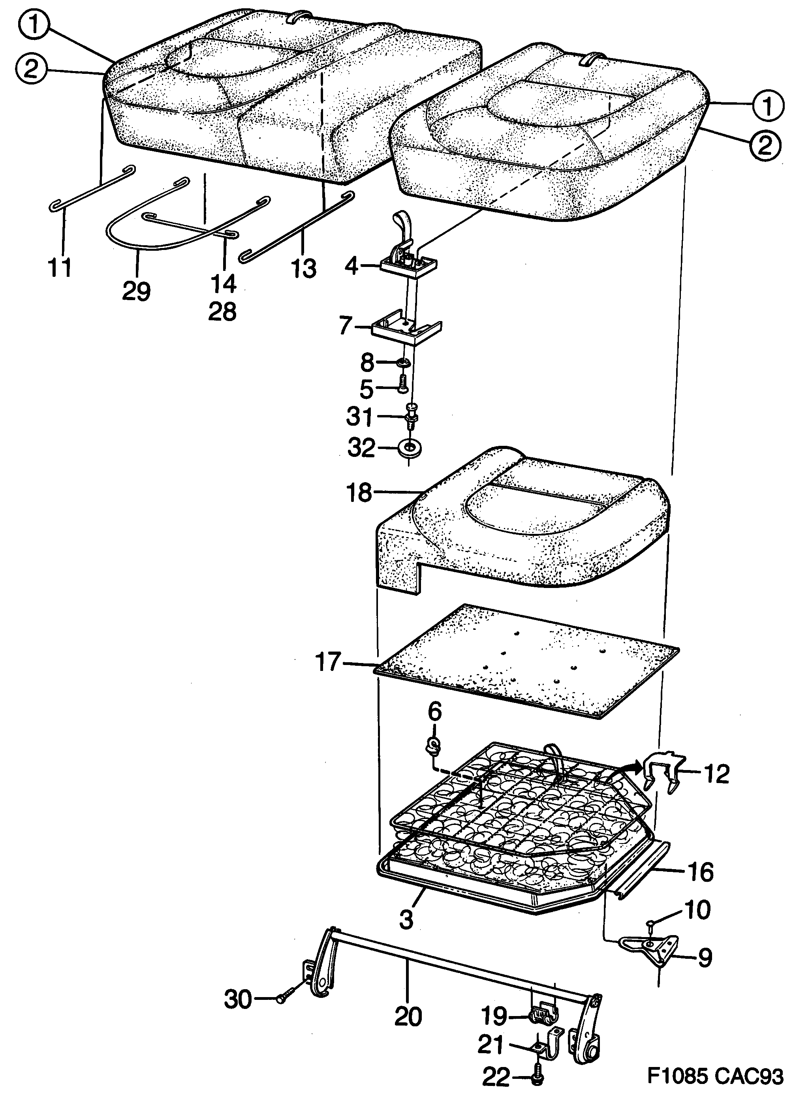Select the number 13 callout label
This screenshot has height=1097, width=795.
tap(303, 269)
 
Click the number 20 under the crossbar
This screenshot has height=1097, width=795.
tap(408, 1017)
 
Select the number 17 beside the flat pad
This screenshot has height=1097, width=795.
tap(328, 663)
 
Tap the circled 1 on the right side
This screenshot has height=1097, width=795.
tap(768, 105)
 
